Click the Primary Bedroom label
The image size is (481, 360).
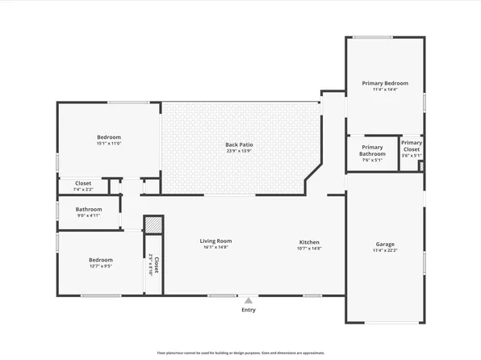pyautogui.click(x=385, y=82)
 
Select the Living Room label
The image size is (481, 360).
pyautogui.click(x=216, y=241)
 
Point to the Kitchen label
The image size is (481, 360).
pyautogui.click(x=310, y=242)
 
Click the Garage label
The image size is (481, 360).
pyautogui.click(x=385, y=244)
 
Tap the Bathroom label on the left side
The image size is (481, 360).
pyautogui.click(x=89, y=209)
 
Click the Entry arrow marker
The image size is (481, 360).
pyautogui.click(x=248, y=299)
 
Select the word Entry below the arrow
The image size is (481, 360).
pyautogui.click(x=248, y=310)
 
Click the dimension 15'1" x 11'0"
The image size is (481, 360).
pyautogui.click(x=109, y=144)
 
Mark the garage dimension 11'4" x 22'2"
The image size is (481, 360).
pyautogui.click(x=385, y=250)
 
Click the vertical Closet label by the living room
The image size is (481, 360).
pyautogui.click(x=156, y=263)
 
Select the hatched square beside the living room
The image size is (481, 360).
pyautogui.click(x=153, y=224)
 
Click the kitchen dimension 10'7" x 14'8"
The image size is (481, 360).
pyautogui.click(x=310, y=249)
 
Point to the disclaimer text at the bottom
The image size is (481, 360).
pyautogui.click(x=240, y=353)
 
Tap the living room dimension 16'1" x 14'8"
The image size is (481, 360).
pyautogui.click(x=216, y=248)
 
